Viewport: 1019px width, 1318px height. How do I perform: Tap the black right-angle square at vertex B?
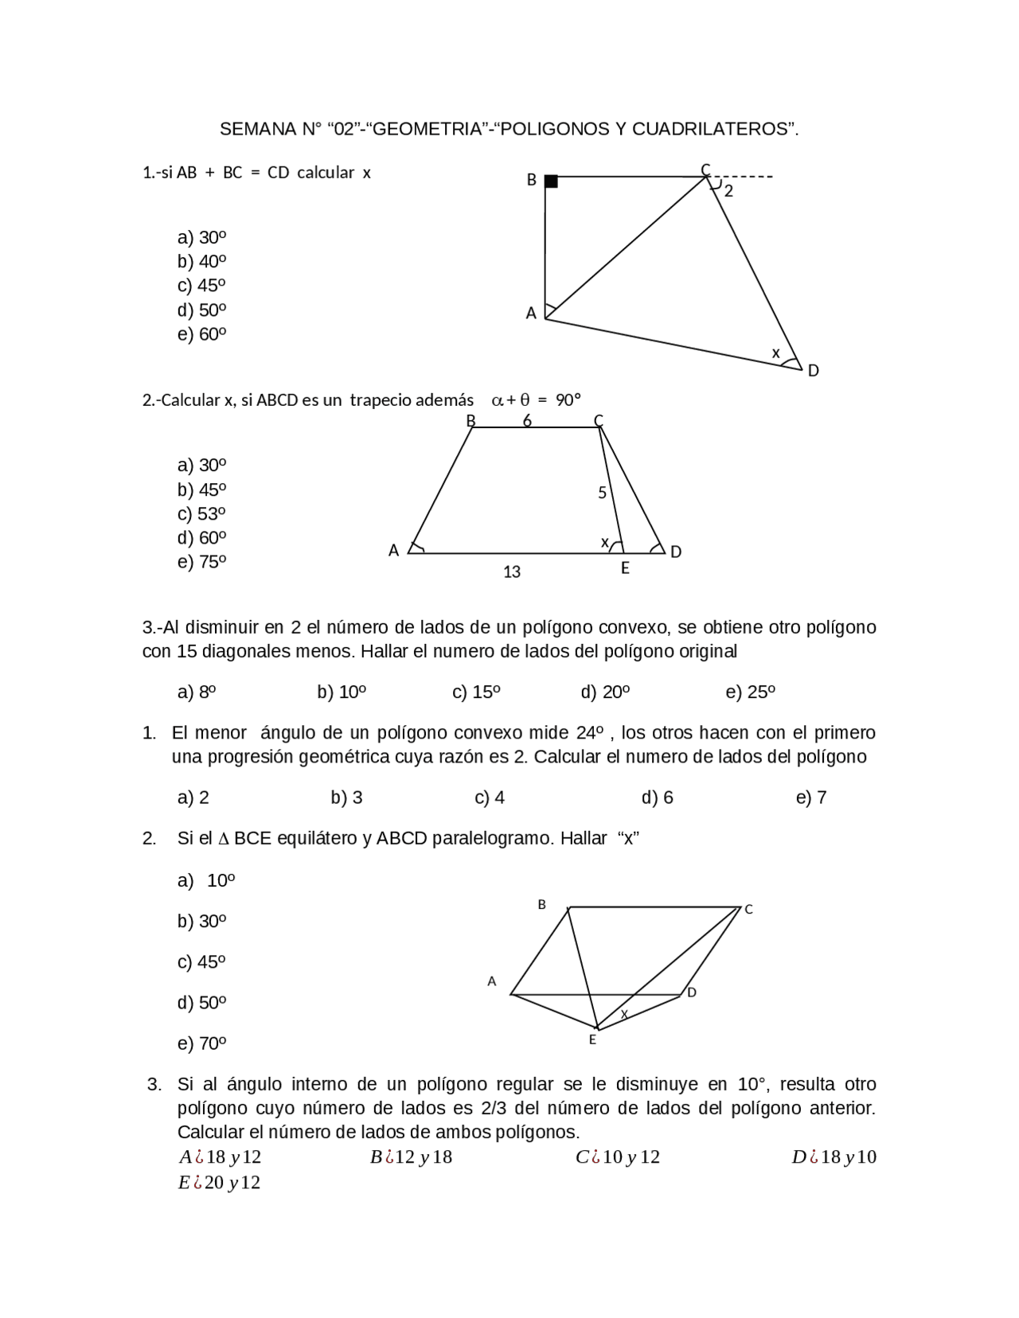[551, 181]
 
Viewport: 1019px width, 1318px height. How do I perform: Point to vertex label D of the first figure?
[813, 371]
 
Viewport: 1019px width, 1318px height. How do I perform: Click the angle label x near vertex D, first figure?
[775, 352]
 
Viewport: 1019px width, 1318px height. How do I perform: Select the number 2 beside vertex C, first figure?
[728, 191]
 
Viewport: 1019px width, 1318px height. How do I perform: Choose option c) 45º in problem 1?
[201, 286]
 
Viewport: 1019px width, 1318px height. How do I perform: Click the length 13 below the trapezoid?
[512, 571]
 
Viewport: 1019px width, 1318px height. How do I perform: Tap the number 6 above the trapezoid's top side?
[527, 420]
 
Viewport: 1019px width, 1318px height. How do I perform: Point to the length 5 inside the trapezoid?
[603, 493]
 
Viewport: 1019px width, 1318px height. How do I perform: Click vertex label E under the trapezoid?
[625, 568]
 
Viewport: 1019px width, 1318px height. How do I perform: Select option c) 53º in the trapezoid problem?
[201, 513]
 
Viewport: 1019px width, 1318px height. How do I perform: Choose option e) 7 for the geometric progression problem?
[811, 797]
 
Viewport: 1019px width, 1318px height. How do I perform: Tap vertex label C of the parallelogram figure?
[748, 909]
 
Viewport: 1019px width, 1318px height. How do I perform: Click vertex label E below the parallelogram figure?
[592, 1039]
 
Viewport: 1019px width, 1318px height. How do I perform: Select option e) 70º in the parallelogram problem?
[201, 1043]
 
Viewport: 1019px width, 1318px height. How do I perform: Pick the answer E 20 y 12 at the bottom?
[220, 1182]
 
